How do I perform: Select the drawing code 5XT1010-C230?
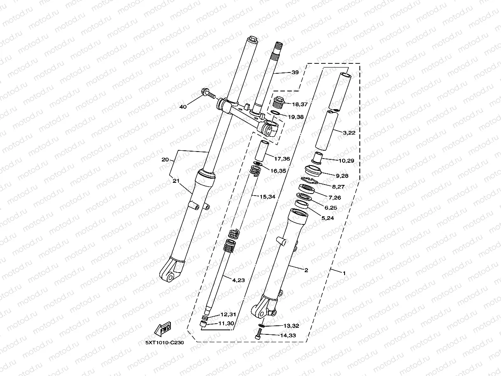pos(164,342)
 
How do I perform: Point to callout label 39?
pos(295,72)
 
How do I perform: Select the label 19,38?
pos(296,117)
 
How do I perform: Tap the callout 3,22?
pos(349,133)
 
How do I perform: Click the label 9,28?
pos(342,176)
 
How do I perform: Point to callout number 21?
pos(176,181)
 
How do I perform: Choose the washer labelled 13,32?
pos(263,325)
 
